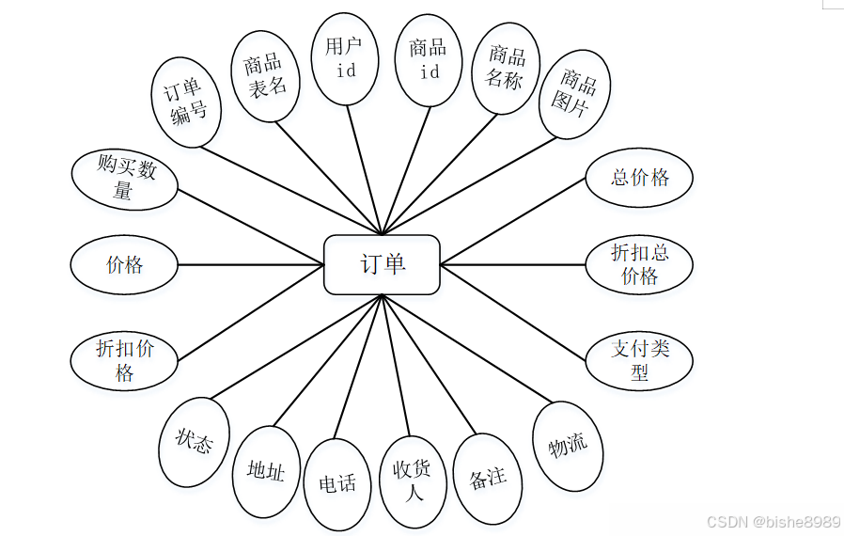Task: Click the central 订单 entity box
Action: [x=382, y=264]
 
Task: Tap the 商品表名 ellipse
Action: [x=265, y=76]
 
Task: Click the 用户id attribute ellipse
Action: [x=345, y=58]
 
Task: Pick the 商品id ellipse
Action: [x=428, y=58]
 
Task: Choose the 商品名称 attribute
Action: [x=506, y=68]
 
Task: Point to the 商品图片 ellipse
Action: [x=575, y=94]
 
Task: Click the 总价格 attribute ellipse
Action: [x=639, y=178]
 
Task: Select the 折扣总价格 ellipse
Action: [x=639, y=264]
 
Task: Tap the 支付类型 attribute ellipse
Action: [x=639, y=359]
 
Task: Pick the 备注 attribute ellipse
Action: [x=487, y=478]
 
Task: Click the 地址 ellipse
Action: [x=265, y=470]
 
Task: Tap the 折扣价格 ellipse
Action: [x=124, y=360]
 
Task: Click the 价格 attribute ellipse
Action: [x=124, y=264]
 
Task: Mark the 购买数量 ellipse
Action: [x=124, y=179]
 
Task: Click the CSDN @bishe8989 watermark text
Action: [x=773, y=521]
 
